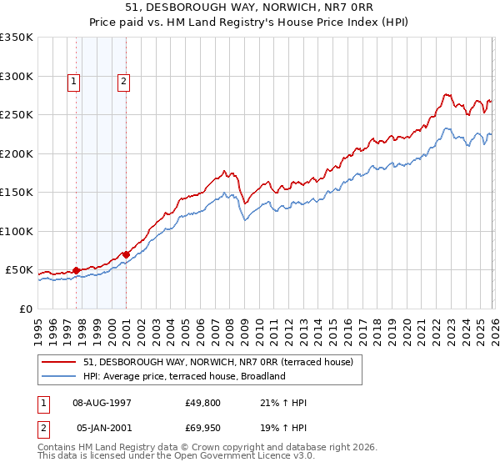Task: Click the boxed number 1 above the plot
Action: coord(74,82)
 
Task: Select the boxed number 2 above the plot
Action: coord(123,82)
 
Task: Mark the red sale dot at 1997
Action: coord(76,270)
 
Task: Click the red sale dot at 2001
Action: coord(126,254)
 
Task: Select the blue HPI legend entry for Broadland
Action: coord(184,376)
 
